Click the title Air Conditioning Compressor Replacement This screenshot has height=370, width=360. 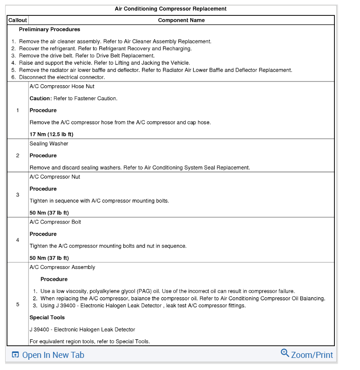point(170,9)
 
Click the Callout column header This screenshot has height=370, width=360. point(18,20)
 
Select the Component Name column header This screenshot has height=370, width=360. point(181,20)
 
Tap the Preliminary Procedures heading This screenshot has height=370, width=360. point(49,29)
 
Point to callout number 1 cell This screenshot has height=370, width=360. point(18,110)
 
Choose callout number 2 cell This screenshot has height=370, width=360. point(18,155)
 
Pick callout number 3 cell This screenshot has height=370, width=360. point(18,195)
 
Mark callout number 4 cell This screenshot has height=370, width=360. point(18,240)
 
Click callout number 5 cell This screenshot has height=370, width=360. point(18,304)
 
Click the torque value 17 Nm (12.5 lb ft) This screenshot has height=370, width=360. point(51,135)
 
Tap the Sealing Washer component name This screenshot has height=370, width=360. point(49,144)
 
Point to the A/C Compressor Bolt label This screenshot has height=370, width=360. point(55,222)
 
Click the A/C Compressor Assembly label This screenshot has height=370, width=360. point(62,267)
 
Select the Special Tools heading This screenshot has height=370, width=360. point(47,317)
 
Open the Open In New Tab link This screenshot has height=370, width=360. point(53,355)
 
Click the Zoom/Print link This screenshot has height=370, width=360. point(312,355)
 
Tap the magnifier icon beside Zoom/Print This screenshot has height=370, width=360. point(285,353)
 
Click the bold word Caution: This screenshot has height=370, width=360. point(40,98)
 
